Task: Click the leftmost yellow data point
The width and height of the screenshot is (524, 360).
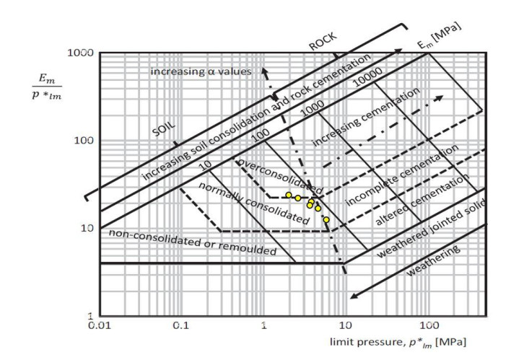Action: (x=289, y=196)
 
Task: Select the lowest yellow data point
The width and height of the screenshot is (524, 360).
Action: (x=326, y=219)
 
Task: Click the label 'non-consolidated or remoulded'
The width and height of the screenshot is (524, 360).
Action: (x=193, y=242)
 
